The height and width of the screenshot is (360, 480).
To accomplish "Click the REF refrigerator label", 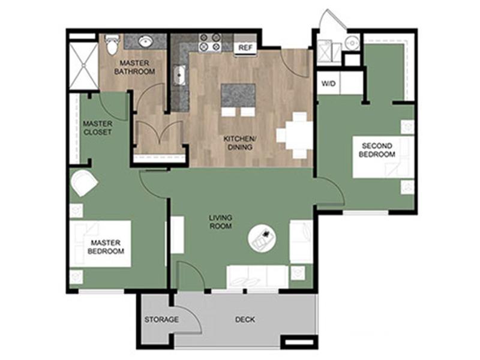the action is click(x=245, y=48).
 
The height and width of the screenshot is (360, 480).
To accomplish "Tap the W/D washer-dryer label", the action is click(x=328, y=83).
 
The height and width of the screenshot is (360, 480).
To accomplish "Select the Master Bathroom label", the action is click(x=134, y=67).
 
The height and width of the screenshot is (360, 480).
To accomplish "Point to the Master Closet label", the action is click(x=98, y=128).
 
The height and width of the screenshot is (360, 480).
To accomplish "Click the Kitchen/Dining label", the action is click(x=240, y=143).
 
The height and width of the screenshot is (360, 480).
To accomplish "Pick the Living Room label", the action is click(x=220, y=222).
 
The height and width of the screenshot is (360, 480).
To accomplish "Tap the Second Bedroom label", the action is click(x=377, y=150).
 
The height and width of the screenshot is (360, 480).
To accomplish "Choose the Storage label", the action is click(x=161, y=320).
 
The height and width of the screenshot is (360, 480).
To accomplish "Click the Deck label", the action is click(x=245, y=320).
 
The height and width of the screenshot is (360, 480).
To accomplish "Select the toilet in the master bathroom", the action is click(x=112, y=44).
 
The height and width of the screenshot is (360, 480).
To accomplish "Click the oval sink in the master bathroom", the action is click(x=146, y=41).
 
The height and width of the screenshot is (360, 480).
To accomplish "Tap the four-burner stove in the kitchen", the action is click(x=210, y=42).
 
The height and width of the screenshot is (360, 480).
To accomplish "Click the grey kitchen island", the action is click(x=238, y=95).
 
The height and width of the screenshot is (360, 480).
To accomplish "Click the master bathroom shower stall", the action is click(x=83, y=65).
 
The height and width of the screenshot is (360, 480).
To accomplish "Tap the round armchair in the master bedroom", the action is click(x=83, y=183).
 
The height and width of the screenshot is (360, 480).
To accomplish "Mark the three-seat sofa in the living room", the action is click(x=257, y=277).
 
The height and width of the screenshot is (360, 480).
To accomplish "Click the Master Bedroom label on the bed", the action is click(x=106, y=247).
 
